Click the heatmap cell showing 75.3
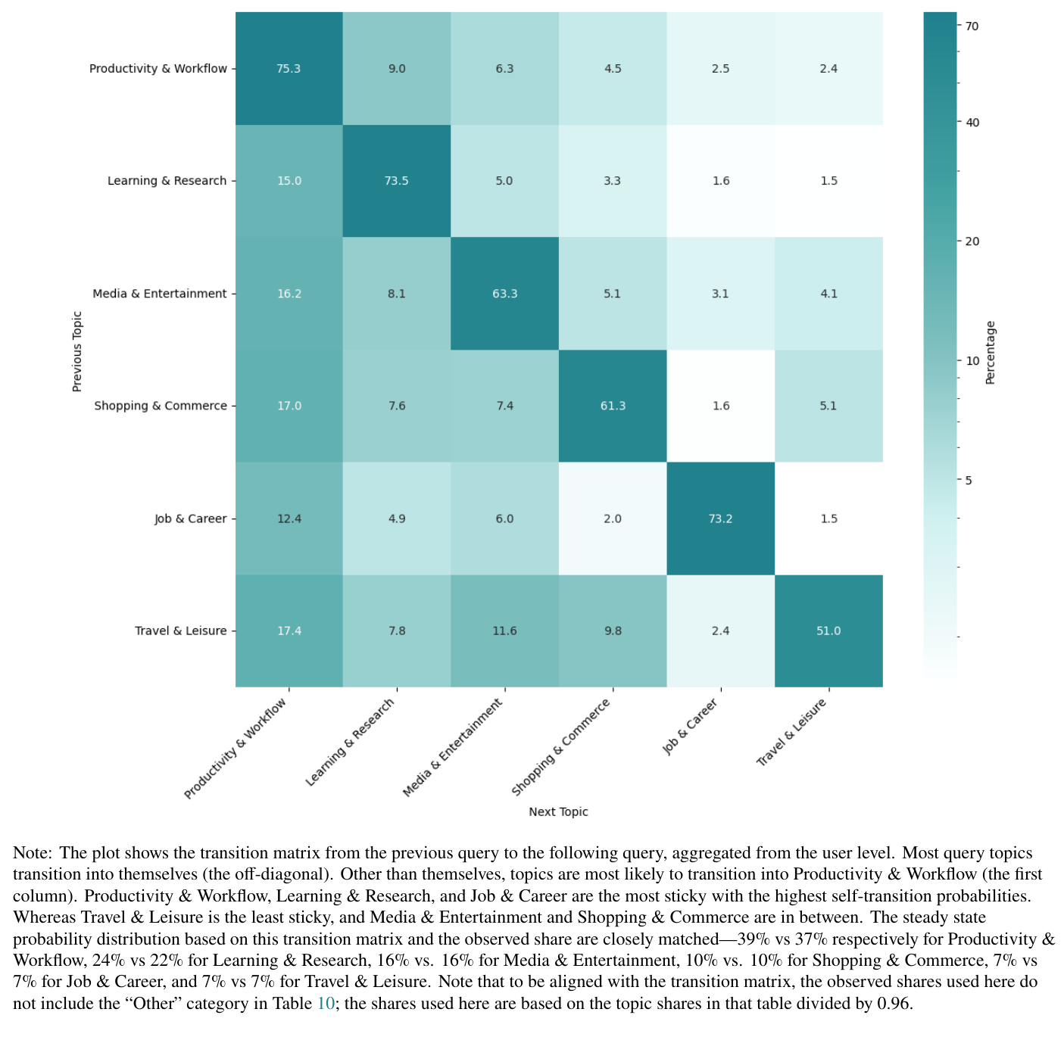[289, 68]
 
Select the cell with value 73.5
[397, 181]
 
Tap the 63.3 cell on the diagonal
[504, 294]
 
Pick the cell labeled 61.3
[612, 406]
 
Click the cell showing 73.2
[720, 518]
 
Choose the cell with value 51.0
[828, 631]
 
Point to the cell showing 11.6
[504, 631]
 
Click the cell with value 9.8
[612, 631]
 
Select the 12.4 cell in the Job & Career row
[289, 518]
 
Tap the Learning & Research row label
[167, 181]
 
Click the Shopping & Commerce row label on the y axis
[161, 406]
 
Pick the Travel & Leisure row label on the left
[180, 631]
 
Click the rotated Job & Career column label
[690, 727]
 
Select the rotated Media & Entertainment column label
[453, 748]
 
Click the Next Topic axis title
[558, 811]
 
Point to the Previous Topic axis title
[76, 351]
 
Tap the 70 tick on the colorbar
[972, 26]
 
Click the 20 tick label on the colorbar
[972, 241]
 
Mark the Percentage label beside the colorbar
[991, 353]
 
